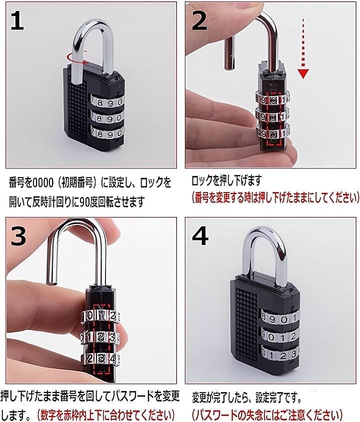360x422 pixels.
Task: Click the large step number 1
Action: (17, 20)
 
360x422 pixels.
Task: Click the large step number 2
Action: (199, 20)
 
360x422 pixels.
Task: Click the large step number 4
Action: (200, 236)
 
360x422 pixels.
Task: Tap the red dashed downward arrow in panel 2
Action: (303, 48)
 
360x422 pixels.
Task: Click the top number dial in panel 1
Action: (107, 102)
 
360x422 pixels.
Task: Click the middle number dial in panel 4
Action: (280, 336)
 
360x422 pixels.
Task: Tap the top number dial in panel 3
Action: (100, 315)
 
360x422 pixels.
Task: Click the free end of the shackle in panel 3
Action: (51, 282)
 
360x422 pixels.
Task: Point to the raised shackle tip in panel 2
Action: (229, 66)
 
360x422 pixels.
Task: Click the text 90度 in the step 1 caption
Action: (89, 202)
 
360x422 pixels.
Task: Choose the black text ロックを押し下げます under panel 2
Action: (226, 180)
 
